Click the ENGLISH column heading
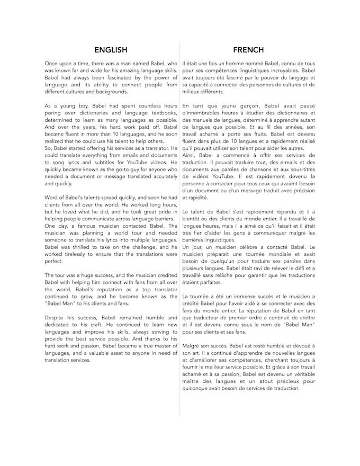[111, 50]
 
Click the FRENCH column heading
[248, 50]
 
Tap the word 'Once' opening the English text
[52, 64]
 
